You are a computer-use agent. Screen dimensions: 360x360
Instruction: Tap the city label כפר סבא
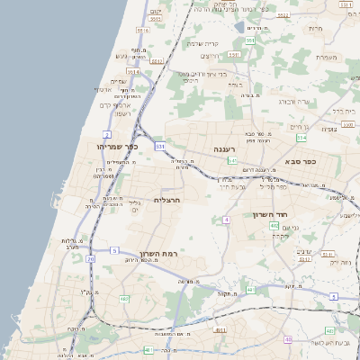click(300, 161)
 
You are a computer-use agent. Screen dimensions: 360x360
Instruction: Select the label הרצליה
click(167, 200)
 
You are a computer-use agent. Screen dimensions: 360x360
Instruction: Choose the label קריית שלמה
click(203, 43)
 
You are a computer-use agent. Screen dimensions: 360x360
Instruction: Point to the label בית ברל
click(345, 111)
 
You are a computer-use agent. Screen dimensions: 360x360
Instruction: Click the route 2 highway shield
click(107, 133)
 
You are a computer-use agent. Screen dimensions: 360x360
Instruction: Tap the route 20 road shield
click(90, 258)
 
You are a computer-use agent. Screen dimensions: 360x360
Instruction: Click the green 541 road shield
click(232, 160)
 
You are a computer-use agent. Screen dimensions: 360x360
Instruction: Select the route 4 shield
click(227, 220)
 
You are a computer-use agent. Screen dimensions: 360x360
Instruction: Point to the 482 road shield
click(124, 298)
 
